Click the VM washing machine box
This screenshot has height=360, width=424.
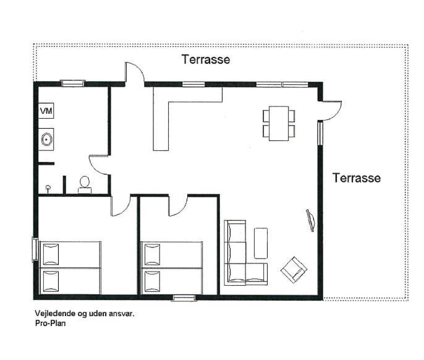[x=46, y=111]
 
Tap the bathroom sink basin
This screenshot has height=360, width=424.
[x=47, y=139]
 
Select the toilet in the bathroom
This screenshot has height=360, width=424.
[x=85, y=185]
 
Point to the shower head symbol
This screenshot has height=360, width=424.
[x=48, y=189]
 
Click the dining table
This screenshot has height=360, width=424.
[x=279, y=124]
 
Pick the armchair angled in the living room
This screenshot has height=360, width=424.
[x=294, y=270]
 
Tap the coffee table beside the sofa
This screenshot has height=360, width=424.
[x=261, y=243]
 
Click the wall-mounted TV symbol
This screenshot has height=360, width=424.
[x=311, y=220]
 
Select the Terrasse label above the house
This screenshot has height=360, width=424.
[x=206, y=59]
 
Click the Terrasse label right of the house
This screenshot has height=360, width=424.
[x=357, y=178]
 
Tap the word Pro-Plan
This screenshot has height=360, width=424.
[x=50, y=323]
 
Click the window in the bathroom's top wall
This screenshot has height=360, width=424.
[x=72, y=83]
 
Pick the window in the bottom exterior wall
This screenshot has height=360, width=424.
[x=184, y=298]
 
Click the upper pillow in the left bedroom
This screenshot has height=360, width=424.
[x=51, y=254]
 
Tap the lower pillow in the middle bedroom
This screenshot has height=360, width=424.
[x=152, y=281]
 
